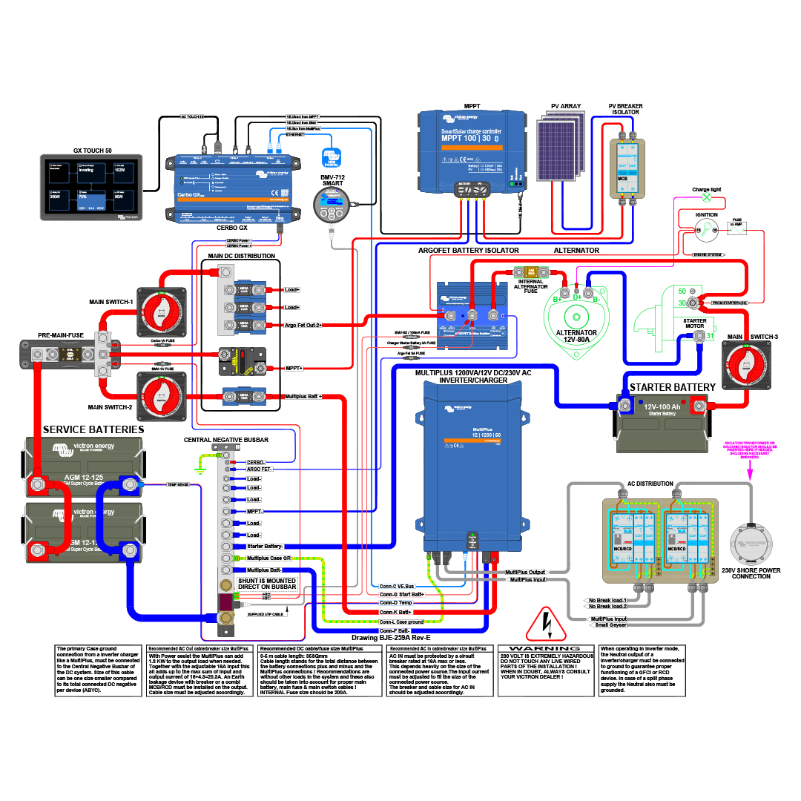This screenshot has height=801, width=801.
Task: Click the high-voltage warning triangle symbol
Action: [x=545, y=627]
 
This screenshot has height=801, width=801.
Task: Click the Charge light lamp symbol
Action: [x=706, y=198]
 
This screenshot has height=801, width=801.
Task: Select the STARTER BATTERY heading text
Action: [x=672, y=387]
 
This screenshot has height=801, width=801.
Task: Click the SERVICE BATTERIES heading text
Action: [x=93, y=429]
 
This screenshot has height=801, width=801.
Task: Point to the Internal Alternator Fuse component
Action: [x=532, y=272]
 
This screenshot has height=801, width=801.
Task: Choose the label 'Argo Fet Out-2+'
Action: [x=303, y=325]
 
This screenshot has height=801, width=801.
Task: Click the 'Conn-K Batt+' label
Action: [x=395, y=612]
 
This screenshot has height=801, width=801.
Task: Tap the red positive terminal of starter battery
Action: [x=698, y=404]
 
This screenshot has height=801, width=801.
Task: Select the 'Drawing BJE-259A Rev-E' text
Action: [x=390, y=637]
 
